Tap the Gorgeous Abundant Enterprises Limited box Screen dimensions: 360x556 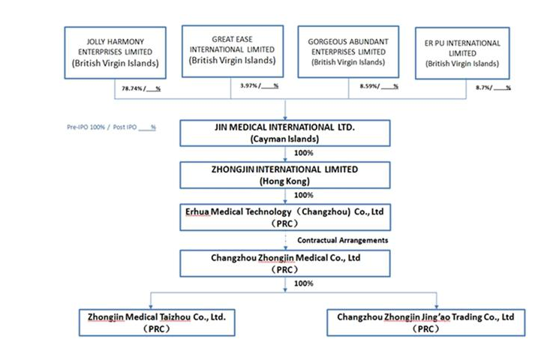(347, 50)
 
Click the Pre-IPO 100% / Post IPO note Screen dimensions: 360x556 (111, 127)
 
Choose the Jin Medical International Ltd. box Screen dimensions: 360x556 (285, 133)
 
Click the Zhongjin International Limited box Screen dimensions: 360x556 (285, 175)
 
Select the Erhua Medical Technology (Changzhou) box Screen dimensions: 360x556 (285, 217)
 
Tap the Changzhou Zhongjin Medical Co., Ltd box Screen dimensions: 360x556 (285, 262)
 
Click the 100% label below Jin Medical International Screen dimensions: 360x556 (303, 153)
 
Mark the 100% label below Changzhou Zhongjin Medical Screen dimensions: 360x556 (303, 283)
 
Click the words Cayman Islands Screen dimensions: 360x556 (285, 139)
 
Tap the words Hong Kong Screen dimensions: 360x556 (285, 181)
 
